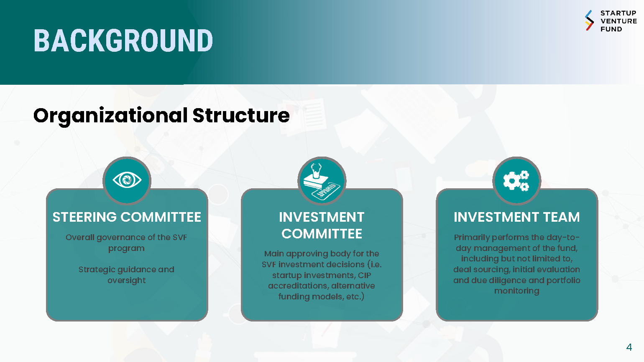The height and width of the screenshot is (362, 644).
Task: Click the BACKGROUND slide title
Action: (x=123, y=41)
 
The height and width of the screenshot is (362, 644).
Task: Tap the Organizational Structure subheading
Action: (x=161, y=116)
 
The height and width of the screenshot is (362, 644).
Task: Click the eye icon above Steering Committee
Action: (x=127, y=180)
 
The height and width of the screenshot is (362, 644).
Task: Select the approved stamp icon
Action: (x=322, y=181)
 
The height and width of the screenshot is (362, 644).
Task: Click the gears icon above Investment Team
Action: (x=516, y=181)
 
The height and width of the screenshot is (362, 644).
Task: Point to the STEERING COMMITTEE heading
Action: (x=127, y=217)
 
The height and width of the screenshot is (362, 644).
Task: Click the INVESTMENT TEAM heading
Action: (x=516, y=217)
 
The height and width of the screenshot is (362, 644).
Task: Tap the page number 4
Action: (x=629, y=347)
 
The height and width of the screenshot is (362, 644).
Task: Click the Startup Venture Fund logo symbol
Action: (x=589, y=20)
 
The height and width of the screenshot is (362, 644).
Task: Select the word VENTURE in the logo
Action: (x=619, y=21)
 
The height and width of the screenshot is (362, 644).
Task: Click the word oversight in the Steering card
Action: (x=127, y=281)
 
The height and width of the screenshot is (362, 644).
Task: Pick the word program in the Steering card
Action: (x=126, y=248)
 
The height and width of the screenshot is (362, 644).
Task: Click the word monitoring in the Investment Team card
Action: (x=516, y=291)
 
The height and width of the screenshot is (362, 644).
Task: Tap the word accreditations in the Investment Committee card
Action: (x=297, y=286)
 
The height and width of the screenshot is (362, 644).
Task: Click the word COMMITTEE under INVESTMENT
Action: (x=322, y=234)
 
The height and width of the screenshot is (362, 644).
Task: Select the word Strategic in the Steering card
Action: (x=97, y=270)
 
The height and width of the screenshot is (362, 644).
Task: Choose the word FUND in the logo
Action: (x=611, y=29)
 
